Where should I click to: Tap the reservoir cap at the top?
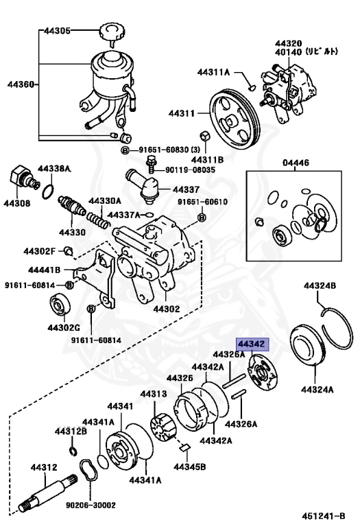coord(112,34)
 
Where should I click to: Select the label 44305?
coord(58,31)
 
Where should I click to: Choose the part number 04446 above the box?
coord(296,163)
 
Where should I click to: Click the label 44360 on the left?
coord(21,84)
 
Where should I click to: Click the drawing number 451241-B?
coord(323,516)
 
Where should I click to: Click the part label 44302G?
coord(64,327)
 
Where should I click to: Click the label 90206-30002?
coord(91,505)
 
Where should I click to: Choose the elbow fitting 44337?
coord(143,186)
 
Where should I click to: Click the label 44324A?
coord(317,390)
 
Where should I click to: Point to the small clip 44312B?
coord(73,452)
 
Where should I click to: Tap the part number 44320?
coord(289,44)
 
